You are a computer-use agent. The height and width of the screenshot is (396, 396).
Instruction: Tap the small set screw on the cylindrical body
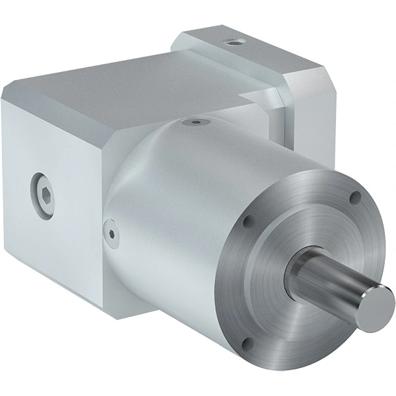[110, 232]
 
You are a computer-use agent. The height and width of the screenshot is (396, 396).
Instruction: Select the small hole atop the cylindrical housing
[196, 121]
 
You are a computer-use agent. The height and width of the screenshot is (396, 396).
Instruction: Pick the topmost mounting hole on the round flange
[354, 196]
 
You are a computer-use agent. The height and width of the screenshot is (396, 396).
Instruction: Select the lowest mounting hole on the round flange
[247, 343]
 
